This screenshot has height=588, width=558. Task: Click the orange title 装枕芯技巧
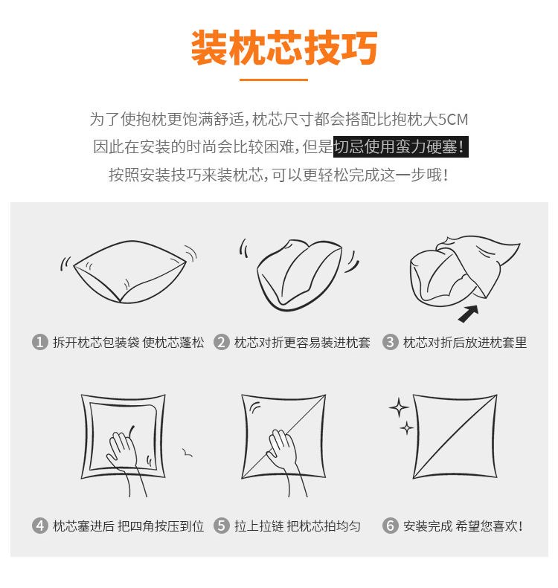[x=284, y=48]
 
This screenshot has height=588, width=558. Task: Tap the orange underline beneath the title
[x=274, y=80]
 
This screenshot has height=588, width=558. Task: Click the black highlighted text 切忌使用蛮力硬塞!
[x=400, y=146]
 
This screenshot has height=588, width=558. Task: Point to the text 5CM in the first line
[x=453, y=120]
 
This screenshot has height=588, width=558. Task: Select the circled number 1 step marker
[x=39, y=342]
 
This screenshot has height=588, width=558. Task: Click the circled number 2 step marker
[x=222, y=342]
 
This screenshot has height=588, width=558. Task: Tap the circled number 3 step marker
[x=391, y=342]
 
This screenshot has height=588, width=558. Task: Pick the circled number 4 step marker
[x=39, y=526]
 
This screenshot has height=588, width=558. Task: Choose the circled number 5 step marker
[x=222, y=526]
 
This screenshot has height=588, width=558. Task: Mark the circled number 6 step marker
[x=391, y=526]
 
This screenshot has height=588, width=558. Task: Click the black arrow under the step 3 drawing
[x=468, y=314]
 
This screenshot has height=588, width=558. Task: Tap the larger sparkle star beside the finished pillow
[x=399, y=407]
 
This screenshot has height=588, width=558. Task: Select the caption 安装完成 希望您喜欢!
[x=463, y=526]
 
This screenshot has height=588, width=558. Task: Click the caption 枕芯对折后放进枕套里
[x=465, y=343]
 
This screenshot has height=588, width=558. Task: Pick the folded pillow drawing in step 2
[x=299, y=274]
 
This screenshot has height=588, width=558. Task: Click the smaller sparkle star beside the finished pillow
[x=407, y=428]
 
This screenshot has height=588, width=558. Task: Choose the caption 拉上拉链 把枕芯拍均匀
[x=297, y=526]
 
